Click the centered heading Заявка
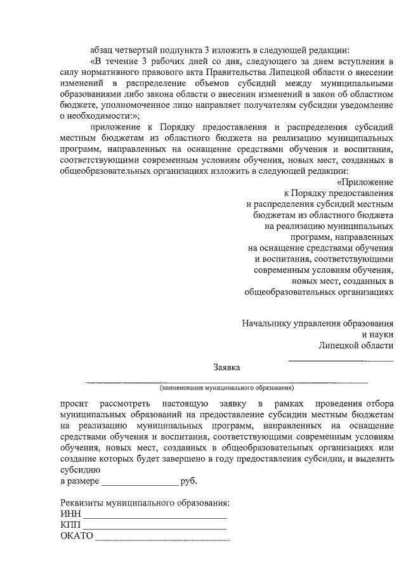(x=226, y=367)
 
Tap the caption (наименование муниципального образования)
(x=226, y=387)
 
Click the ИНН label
(x=70, y=514)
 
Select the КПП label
(x=71, y=526)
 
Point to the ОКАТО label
(x=76, y=537)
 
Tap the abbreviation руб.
(x=189, y=481)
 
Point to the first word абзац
(x=104, y=50)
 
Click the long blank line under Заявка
(x=226, y=381)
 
